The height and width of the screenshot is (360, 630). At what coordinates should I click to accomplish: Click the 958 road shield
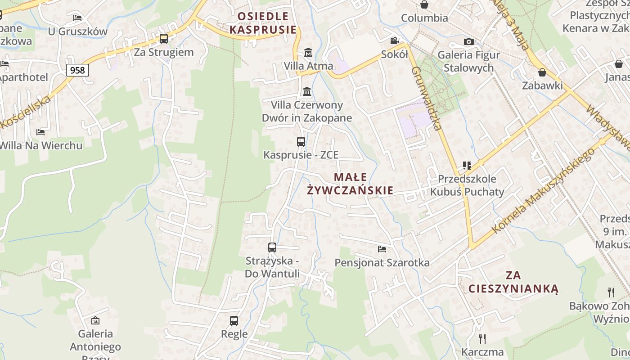point(77,70)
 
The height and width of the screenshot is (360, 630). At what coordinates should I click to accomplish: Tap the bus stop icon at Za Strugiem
point(164,39)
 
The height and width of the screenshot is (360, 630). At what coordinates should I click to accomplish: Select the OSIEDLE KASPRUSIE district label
point(263,23)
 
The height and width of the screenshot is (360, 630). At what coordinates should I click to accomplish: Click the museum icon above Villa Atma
point(308,53)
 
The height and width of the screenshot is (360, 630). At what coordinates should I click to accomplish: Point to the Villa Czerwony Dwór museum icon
point(307,92)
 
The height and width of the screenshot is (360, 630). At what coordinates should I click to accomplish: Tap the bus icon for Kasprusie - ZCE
point(301,142)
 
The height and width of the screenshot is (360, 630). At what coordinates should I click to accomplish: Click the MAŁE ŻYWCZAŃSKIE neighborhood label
point(350,184)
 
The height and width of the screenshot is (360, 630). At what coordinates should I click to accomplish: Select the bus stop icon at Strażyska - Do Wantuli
point(272,247)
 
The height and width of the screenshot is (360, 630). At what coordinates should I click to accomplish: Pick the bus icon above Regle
point(234,321)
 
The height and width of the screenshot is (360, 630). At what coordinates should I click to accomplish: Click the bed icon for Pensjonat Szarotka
point(382,249)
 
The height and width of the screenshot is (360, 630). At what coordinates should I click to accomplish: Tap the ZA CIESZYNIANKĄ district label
point(513,282)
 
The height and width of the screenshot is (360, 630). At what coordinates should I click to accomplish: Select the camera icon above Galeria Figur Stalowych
point(468,42)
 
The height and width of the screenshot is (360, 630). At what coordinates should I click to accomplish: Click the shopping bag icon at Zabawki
point(542,72)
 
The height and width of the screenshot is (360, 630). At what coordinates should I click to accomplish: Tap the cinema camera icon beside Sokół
point(395,41)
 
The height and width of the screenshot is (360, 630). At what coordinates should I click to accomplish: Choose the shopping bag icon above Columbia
point(424,5)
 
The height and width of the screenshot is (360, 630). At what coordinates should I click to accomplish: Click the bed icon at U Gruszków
point(77,18)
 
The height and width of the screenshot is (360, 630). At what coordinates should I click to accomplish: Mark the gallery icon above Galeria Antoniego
point(95,321)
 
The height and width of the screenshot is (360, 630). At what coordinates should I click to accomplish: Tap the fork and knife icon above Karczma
point(482,338)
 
